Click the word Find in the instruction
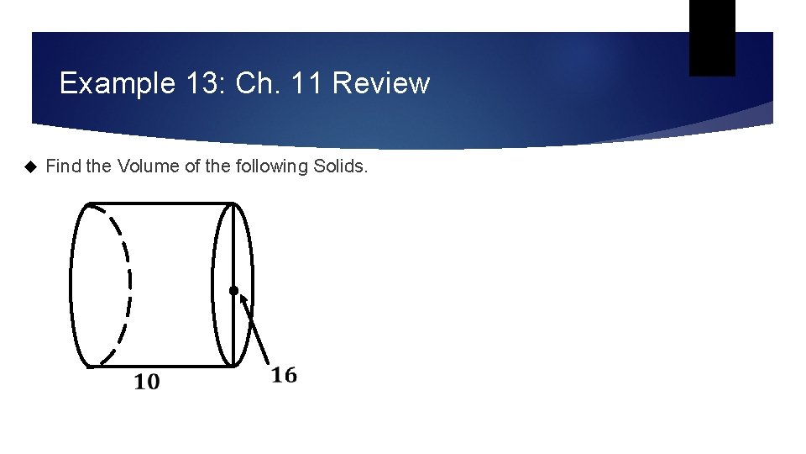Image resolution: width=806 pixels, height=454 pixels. pyautogui.click(x=63, y=166)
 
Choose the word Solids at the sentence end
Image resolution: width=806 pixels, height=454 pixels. pyautogui.click(x=340, y=166)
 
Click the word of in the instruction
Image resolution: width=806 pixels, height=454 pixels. pyautogui.click(x=191, y=166)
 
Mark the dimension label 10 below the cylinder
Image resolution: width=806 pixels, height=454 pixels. pyautogui.click(x=146, y=383)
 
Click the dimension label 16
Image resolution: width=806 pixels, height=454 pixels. pyautogui.click(x=284, y=376)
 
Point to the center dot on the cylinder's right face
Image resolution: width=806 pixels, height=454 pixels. pyautogui.click(x=233, y=291)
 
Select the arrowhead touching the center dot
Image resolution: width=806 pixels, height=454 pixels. pyautogui.click(x=238, y=299)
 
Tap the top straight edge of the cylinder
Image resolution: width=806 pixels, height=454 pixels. pyautogui.click(x=160, y=203)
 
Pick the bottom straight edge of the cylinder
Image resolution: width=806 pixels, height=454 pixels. pyautogui.click(x=160, y=367)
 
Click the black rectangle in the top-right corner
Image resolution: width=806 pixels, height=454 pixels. pyautogui.click(x=712, y=37)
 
